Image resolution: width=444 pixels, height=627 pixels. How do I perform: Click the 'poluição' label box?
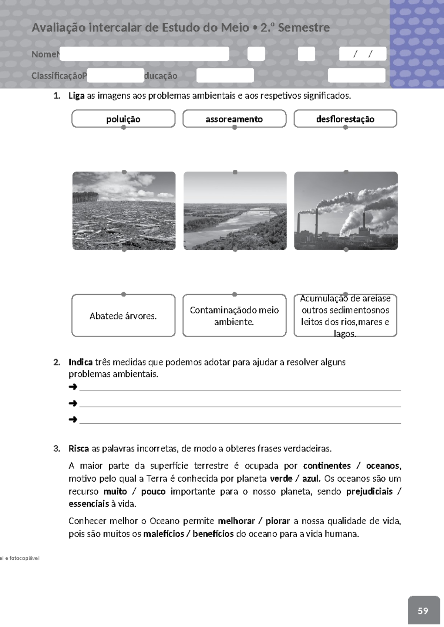click(x=123, y=119)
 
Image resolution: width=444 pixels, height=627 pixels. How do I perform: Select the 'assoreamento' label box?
click(x=234, y=119)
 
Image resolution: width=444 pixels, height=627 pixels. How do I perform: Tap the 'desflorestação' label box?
click(x=345, y=119)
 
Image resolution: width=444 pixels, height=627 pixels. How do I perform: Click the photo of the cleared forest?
click(x=124, y=211)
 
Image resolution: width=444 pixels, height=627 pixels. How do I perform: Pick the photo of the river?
click(x=235, y=211)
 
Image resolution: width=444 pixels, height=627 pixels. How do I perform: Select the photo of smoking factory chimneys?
click(x=346, y=211)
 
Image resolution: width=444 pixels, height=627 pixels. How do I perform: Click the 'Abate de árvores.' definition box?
click(x=123, y=315)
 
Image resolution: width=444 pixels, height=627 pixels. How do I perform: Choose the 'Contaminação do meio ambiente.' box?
click(x=234, y=315)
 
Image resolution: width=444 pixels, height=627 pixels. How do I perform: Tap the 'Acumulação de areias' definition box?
click(x=345, y=315)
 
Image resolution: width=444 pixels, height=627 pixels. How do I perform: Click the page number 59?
click(x=423, y=611)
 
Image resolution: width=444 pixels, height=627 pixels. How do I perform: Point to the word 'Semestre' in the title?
click(x=304, y=27)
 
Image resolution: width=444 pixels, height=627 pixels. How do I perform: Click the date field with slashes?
click(x=363, y=54)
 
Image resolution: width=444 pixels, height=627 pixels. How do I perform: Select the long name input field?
click(x=144, y=54)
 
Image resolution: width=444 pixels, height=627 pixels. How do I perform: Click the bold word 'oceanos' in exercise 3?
click(x=383, y=465)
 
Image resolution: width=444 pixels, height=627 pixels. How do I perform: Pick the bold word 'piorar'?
click(x=277, y=521)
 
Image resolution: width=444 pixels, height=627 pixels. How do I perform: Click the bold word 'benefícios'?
click(x=213, y=534)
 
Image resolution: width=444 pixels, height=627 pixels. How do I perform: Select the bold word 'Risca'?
click(x=78, y=448)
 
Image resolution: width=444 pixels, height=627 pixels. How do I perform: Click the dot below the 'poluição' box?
click(x=124, y=128)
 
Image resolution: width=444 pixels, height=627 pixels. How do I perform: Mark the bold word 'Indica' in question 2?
click(x=80, y=362)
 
